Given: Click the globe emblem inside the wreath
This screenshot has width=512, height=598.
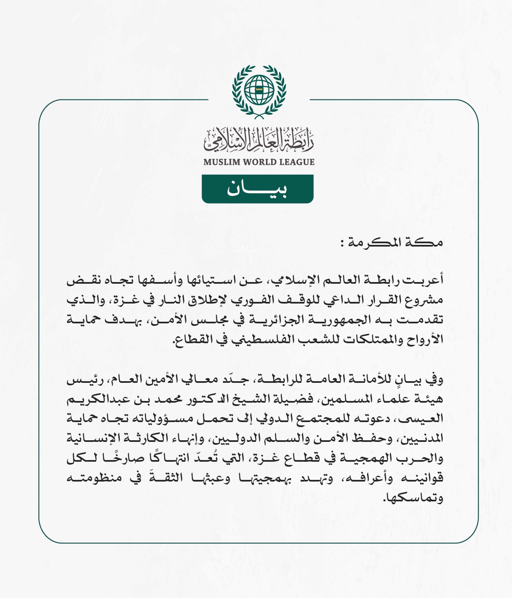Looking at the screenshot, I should [x=259, y=90].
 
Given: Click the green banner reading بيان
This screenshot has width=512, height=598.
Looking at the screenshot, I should [x=257, y=189].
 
